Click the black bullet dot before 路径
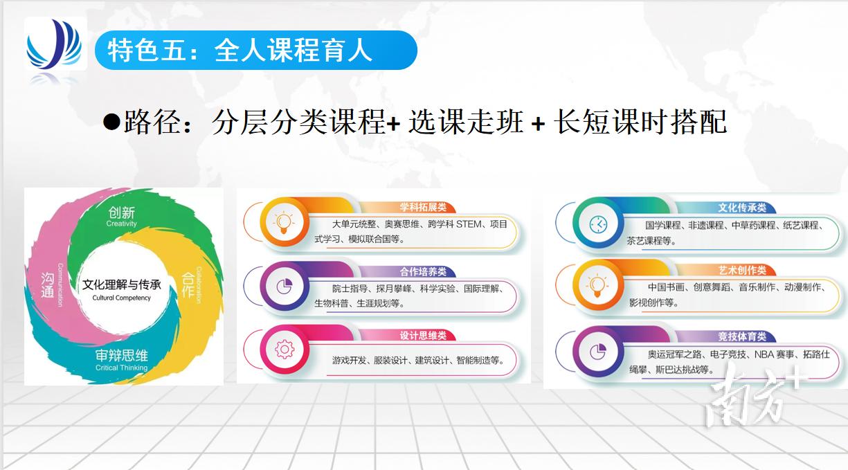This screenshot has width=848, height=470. (111, 123)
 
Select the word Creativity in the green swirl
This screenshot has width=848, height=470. (122, 224)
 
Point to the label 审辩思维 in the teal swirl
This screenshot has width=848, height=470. (122, 356)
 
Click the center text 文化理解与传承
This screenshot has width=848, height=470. (121, 284)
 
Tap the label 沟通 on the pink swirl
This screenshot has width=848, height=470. (47, 284)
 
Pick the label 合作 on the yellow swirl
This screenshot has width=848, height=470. (188, 284)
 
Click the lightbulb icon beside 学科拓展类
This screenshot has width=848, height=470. (283, 222)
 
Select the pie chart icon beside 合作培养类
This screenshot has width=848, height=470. (283, 286)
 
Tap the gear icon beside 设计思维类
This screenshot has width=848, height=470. (284, 350)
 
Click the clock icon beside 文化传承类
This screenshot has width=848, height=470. (597, 224)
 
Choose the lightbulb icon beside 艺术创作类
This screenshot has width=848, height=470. (597, 285)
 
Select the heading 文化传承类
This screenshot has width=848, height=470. (741, 208)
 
